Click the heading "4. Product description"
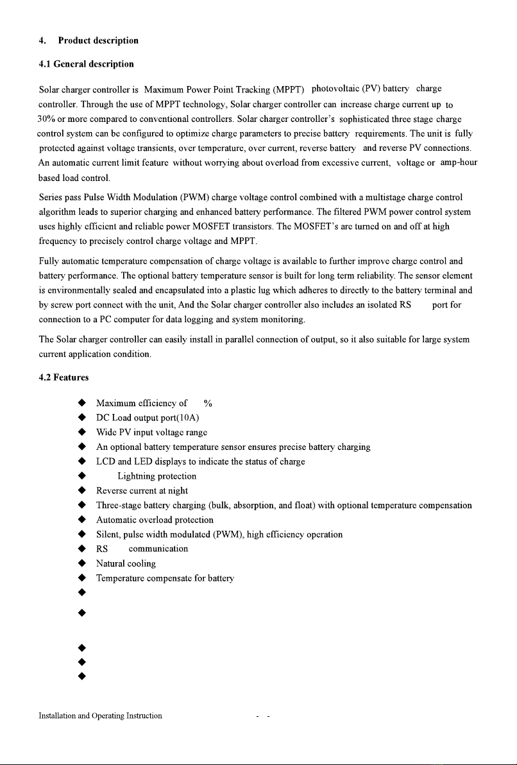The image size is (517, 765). pos(88,40)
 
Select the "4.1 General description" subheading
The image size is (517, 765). pos(86,64)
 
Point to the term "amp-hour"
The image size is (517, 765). pos(459,162)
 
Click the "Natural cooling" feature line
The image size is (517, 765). pos(126,563)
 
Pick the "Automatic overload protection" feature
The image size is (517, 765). pos(155,519)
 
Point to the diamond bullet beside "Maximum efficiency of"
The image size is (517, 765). pos(82,403)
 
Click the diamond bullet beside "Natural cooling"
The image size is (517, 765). pos(82,563)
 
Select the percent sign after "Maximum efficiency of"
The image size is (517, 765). pos(208,403)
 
